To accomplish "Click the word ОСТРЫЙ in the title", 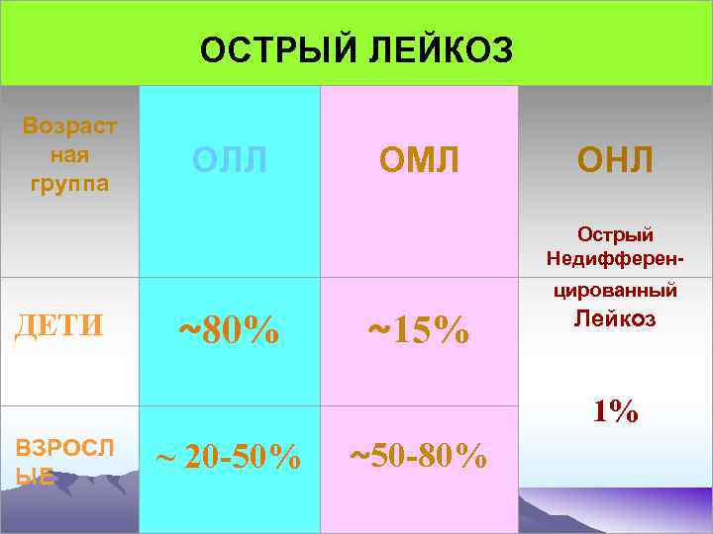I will (x=258, y=49).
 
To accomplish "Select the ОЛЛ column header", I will (x=230, y=159).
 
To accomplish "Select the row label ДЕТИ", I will (x=58, y=325).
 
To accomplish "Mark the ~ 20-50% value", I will (x=230, y=457).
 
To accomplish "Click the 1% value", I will (x=615, y=412).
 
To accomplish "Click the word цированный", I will (x=615, y=291).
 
